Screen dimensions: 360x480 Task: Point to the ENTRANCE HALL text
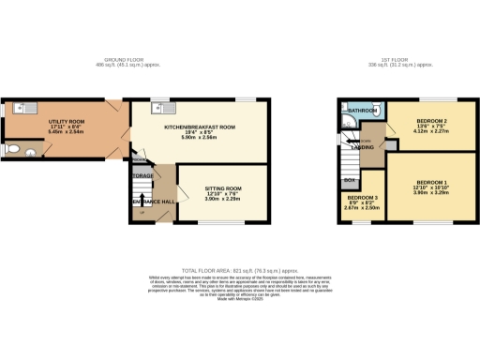point(152,201)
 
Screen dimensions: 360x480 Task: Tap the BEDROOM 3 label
point(361,198)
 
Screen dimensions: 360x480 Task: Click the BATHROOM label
point(362,111)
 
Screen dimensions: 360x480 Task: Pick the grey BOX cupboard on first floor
point(350,179)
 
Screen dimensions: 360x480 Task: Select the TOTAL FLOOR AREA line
point(239,269)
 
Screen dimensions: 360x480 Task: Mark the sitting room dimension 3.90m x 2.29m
point(223,200)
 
